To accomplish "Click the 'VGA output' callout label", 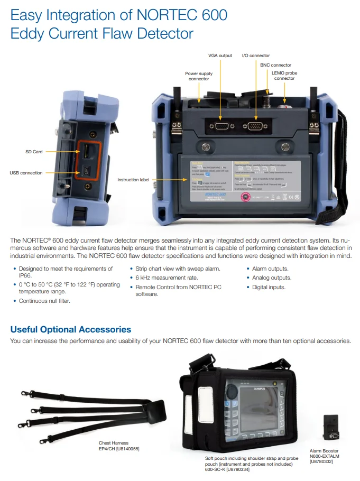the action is click(220, 55).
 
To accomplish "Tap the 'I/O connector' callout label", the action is click(256, 55).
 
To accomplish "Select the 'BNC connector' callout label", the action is click(275, 65).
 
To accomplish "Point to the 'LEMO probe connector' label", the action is click(284, 75).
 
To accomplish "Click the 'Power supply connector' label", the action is click(199, 76).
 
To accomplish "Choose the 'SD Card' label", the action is click(34, 152).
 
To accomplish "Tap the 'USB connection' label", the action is click(26, 173).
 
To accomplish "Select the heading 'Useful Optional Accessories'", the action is click(71, 329).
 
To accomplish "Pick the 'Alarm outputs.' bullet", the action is click(270, 269).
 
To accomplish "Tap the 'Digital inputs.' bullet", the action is click(268, 287).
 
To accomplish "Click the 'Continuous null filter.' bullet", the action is click(44, 301).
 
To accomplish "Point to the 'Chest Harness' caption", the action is click(114, 443).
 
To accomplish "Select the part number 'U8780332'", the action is click(321, 461).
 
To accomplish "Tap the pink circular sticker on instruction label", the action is click(245, 197).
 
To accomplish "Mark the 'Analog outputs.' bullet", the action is click(271, 277).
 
